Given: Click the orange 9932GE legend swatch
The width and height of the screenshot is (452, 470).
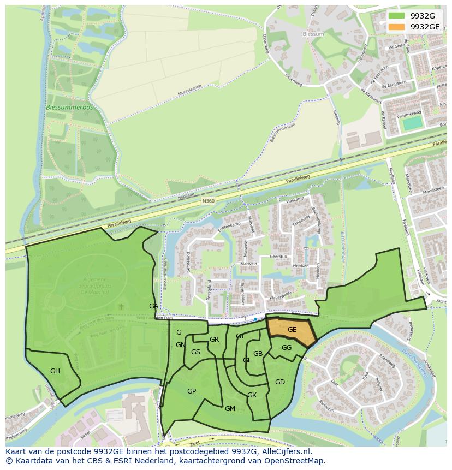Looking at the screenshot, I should (397, 26).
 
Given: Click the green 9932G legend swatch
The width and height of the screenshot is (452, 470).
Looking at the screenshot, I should (397, 15).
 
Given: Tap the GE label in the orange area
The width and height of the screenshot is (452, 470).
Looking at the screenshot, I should (292, 329).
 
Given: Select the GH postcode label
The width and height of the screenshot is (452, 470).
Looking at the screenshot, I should (55, 371).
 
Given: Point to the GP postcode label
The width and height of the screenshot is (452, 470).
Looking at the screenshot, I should (192, 391).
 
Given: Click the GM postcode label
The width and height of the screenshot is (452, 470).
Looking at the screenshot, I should (230, 409).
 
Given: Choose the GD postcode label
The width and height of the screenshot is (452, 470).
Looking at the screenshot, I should (280, 382).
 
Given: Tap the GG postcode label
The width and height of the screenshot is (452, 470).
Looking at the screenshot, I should (287, 348).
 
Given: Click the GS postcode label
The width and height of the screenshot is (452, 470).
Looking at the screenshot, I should (195, 352).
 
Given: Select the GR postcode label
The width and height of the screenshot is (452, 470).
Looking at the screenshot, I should (214, 340).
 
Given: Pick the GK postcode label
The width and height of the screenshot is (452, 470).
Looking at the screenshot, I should (252, 395).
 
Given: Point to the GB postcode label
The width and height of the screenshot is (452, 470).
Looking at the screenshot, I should (258, 354).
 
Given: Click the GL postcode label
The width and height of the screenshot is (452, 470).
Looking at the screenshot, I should (247, 360).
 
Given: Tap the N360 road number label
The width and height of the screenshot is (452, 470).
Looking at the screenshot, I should (208, 201).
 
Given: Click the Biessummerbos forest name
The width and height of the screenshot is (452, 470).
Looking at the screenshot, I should (69, 108).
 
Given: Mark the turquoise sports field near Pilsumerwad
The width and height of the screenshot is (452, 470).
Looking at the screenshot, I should (412, 123).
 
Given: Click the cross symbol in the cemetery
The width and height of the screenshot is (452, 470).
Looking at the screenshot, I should (121, 307).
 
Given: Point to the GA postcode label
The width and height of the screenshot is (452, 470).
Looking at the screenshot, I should (153, 306).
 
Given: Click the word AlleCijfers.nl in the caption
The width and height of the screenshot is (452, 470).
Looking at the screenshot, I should (285, 451).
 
